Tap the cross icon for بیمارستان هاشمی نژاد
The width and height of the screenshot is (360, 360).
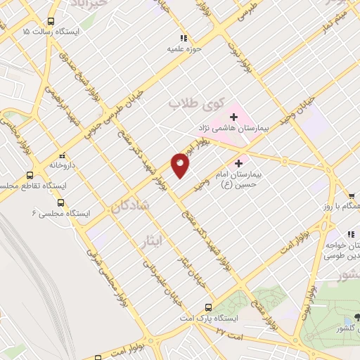233,116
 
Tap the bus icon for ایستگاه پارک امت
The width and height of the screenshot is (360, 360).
207,307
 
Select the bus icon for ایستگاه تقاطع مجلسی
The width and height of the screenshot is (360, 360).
30,175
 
